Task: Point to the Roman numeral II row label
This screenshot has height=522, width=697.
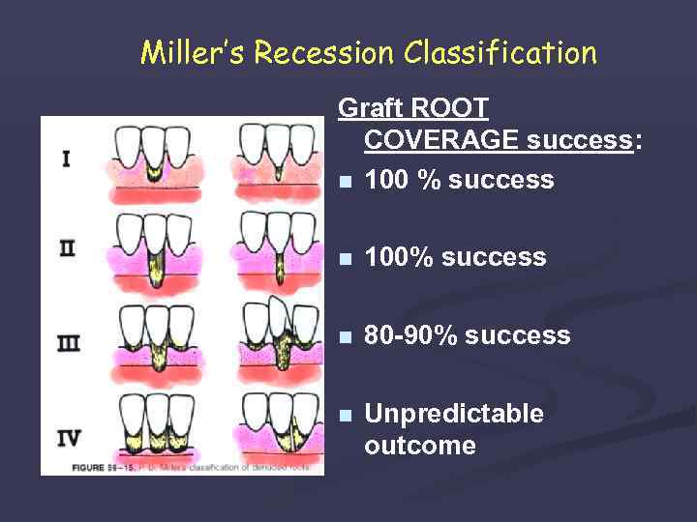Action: pyautogui.click(x=67, y=248)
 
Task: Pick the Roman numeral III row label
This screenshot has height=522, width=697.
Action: pyautogui.click(x=68, y=343)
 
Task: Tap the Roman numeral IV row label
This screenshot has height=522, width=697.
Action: pyautogui.click(x=68, y=437)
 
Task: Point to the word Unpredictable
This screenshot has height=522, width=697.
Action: pyautogui.click(x=453, y=414)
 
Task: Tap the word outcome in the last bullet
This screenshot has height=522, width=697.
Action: pyautogui.click(x=419, y=446)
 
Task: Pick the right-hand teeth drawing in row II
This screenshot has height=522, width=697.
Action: pyautogui.click(x=278, y=250)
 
